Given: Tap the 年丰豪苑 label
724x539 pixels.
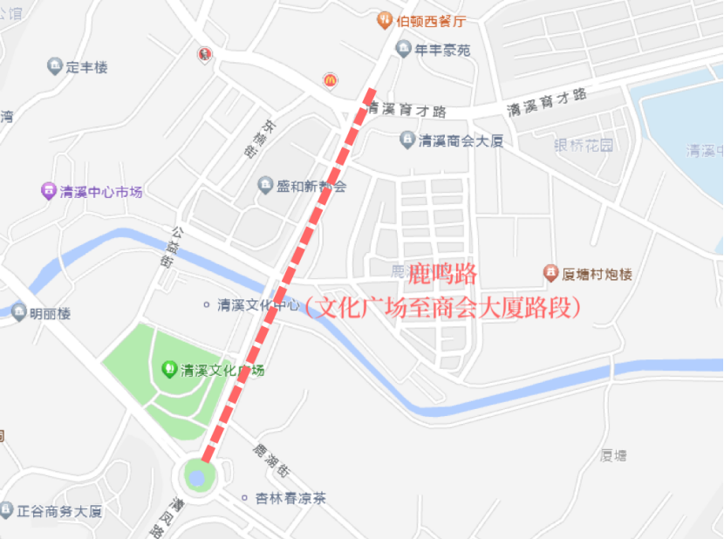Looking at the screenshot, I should click(442, 50).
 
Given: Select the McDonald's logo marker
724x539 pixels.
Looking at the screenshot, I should click(331, 80).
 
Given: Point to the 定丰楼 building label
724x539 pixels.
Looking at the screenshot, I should click(86, 67).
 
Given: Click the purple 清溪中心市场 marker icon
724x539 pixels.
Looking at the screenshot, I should click(49, 191).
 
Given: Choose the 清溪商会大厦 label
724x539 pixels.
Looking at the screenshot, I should click(461, 140).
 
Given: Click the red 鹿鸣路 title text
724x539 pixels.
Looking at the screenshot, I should click(444, 274).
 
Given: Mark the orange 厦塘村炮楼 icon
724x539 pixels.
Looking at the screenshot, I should click(551, 274).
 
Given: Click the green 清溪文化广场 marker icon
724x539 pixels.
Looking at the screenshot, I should click(169, 369).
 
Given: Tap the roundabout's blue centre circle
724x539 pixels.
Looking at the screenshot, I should click(197, 477).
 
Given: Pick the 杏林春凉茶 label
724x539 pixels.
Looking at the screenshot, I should click(290, 498).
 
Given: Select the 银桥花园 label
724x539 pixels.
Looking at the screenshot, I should click(584, 145).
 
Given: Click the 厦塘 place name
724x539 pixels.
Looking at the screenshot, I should click(614, 455).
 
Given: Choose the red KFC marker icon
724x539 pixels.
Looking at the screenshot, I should click(204, 55).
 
